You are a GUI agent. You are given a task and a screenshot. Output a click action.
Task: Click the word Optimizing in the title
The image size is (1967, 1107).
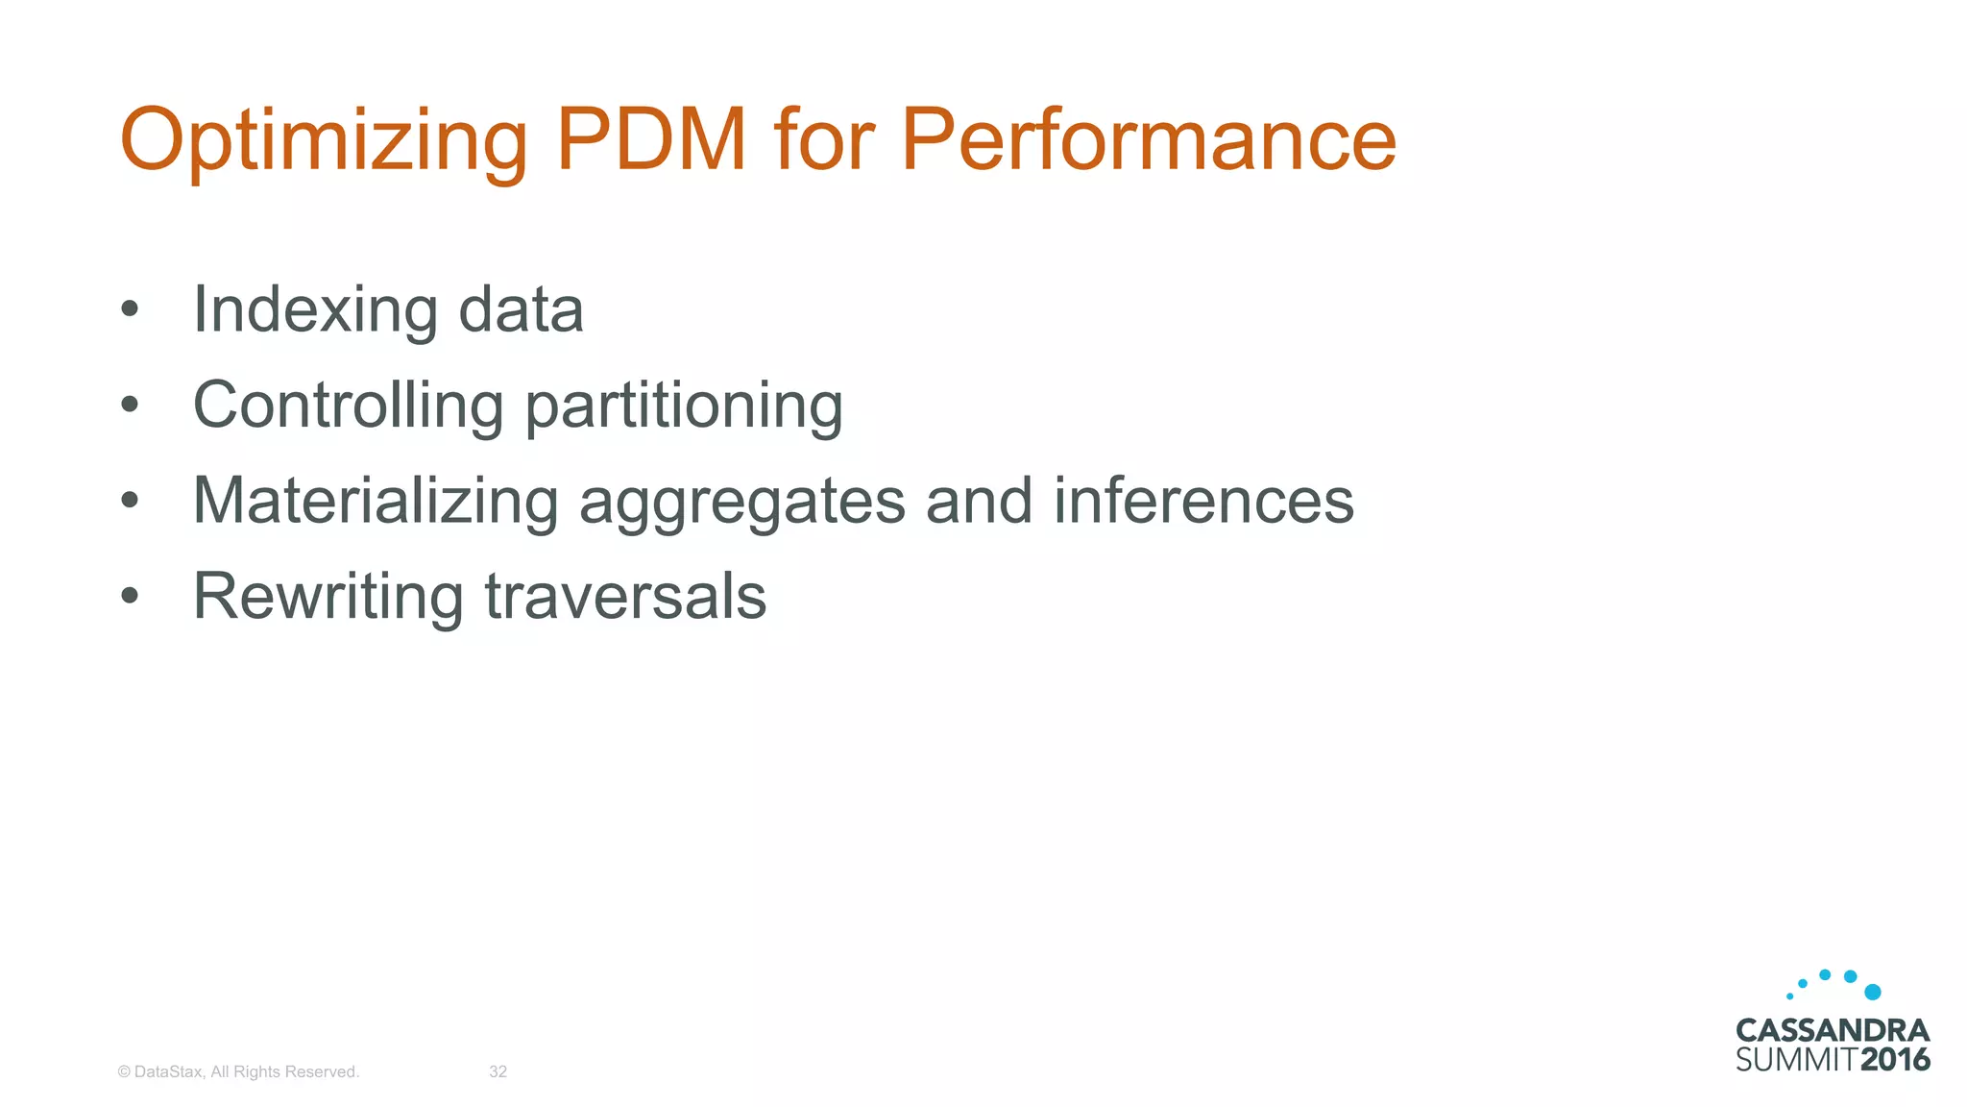coord(324,141)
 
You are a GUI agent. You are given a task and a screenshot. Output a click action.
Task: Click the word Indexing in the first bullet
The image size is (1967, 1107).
coord(315,310)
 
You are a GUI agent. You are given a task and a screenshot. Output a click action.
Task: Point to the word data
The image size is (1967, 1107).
coord(521,310)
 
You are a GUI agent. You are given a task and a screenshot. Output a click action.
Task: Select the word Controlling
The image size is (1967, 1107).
coord(348,405)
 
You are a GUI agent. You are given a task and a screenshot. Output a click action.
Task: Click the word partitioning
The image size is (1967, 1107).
coord(684,406)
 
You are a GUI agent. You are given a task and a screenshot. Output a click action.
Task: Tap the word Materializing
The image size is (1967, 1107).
coord(376,501)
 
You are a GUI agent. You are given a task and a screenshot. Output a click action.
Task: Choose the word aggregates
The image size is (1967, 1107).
coord(741,503)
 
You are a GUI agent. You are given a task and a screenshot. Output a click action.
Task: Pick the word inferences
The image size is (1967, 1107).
coord(1203,501)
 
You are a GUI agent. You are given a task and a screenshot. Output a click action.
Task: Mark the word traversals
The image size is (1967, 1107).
coord(625,597)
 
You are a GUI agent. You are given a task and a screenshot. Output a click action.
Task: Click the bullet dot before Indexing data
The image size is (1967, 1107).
coord(130,310)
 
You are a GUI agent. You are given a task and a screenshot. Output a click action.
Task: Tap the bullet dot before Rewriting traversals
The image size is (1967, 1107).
coord(130,596)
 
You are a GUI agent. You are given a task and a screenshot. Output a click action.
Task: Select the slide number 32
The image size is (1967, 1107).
coord(498,1071)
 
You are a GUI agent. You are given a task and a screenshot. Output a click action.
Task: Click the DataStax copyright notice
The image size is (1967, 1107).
coord(238,1071)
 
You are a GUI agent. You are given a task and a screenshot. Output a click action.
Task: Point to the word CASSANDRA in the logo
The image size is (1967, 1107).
coord(1833,1031)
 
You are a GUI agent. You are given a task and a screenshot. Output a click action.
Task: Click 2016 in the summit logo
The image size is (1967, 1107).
coord(1895,1060)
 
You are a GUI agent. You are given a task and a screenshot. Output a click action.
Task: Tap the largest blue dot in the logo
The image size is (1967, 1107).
coord(1872,992)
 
